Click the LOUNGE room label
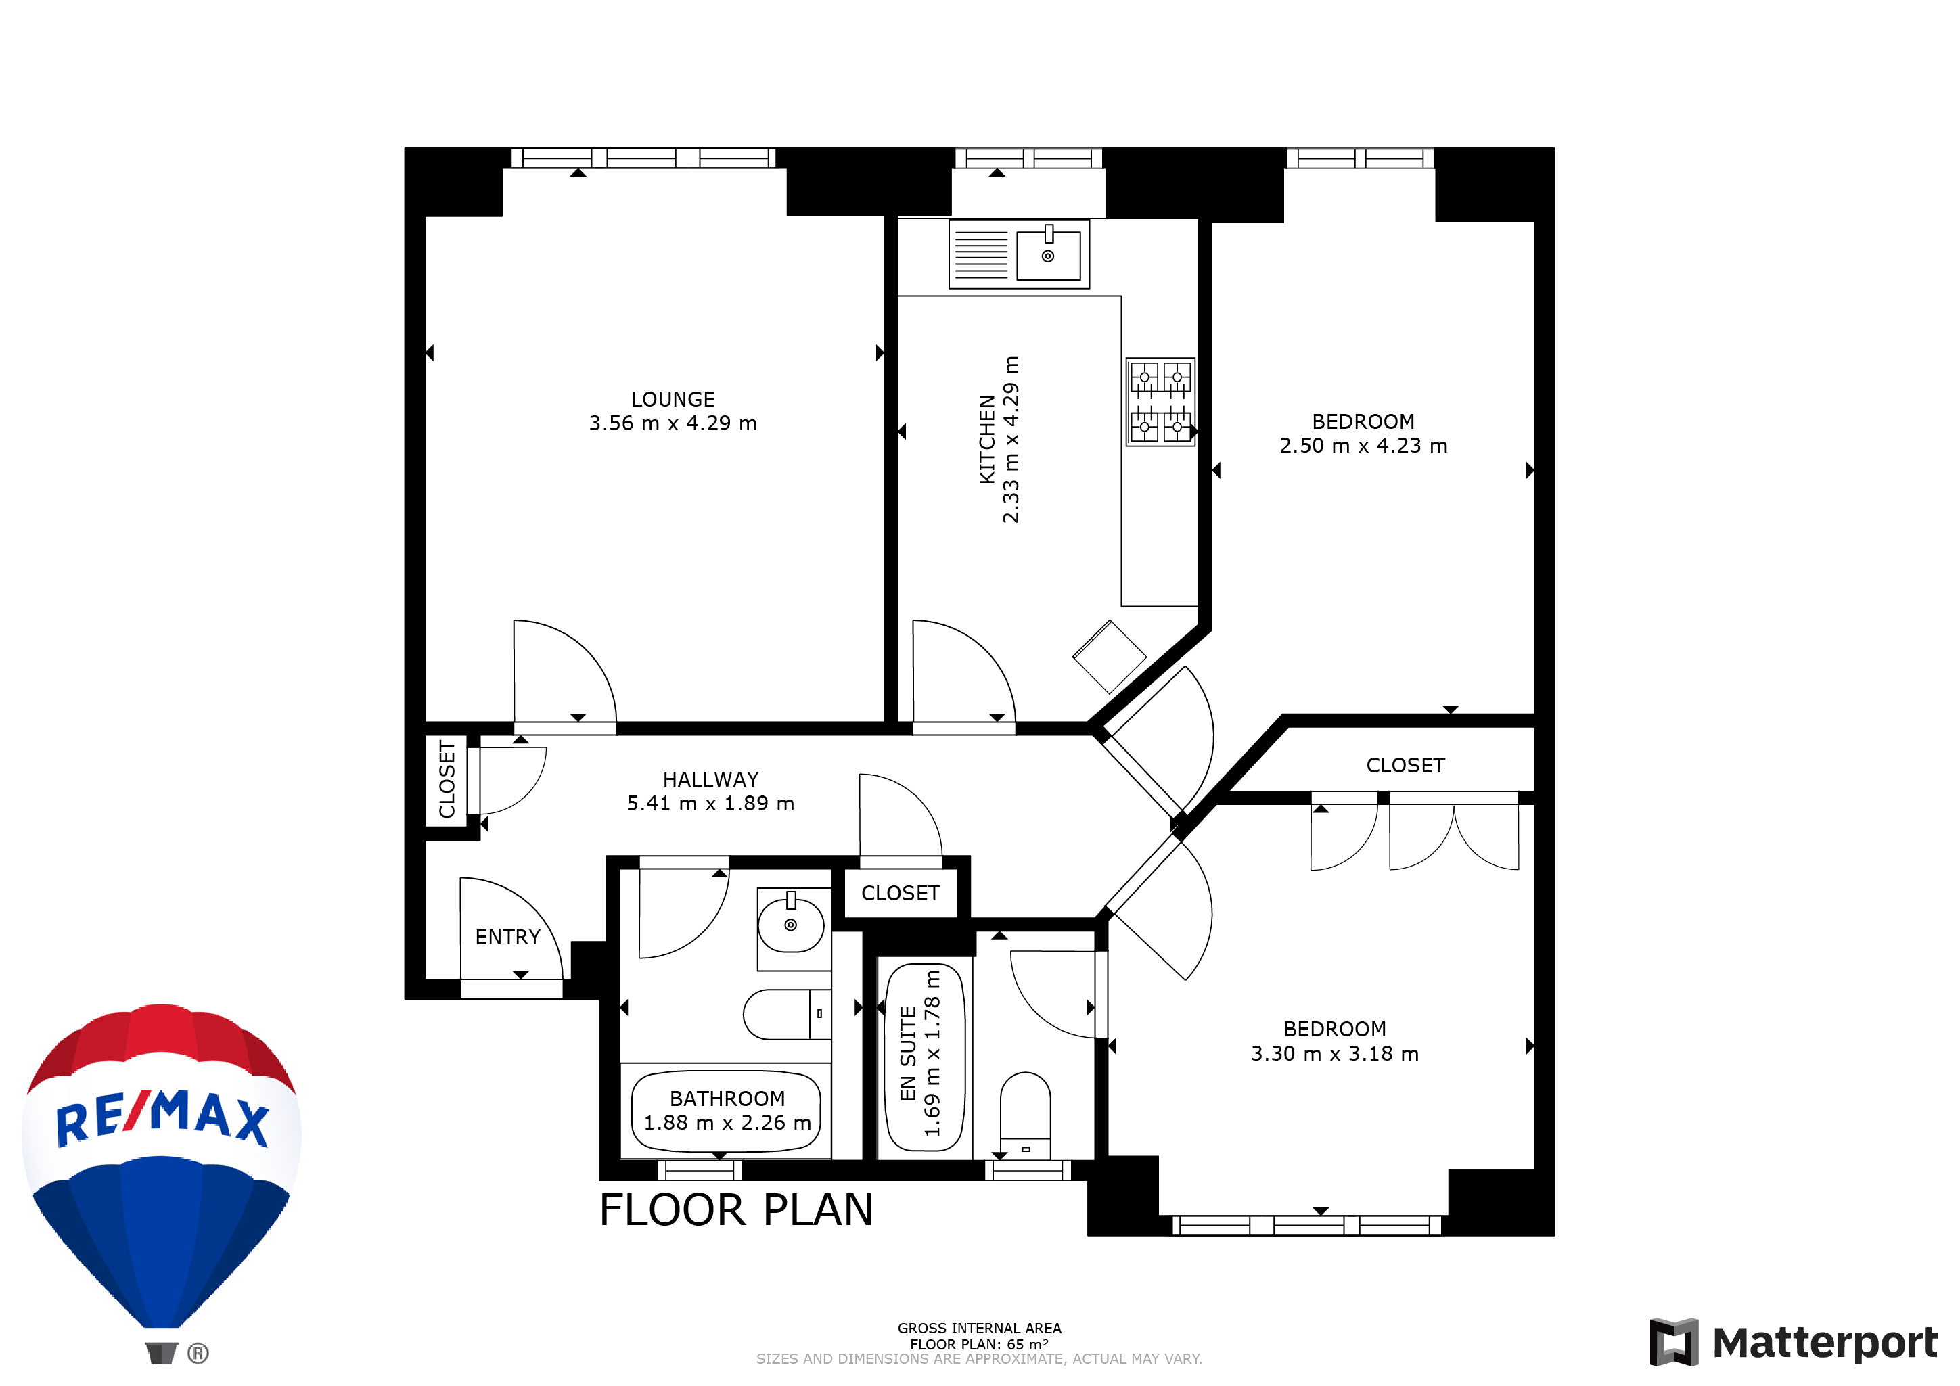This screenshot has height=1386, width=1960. (x=673, y=399)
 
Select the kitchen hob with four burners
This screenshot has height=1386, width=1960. (x=1160, y=401)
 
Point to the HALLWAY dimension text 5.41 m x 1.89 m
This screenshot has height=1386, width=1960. (x=710, y=803)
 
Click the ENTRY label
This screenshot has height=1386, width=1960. (x=508, y=937)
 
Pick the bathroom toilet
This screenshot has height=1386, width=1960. (x=787, y=1014)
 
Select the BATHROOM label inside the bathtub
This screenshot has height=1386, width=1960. (x=727, y=1099)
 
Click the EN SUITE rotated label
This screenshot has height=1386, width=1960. (x=909, y=1054)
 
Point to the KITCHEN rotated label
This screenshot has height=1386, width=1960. (x=987, y=440)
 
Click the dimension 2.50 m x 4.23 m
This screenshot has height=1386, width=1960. (x=1363, y=446)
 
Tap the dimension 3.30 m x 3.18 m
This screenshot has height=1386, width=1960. (x=1335, y=1054)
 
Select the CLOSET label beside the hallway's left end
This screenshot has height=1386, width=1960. (x=447, y=780)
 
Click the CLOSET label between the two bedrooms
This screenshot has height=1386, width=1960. (x=1405, y=766)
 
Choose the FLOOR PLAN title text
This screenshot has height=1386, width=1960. (x=736, y=1209)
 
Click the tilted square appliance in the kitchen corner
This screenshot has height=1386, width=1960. (x=1109, y=656)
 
